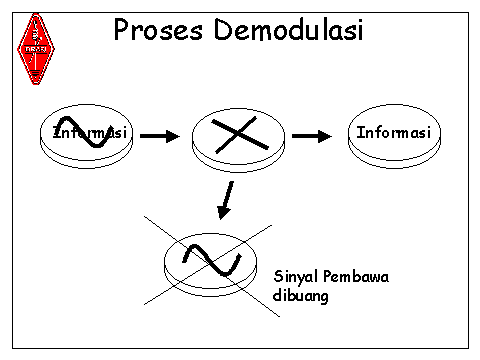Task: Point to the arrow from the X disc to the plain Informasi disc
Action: click(x=311, y=135)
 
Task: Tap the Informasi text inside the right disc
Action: click(x=393, y=132)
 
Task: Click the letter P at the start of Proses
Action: click(x=123, y=31)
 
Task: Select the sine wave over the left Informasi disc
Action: click(x=84, y=133)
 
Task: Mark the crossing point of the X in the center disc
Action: click(x=228, y=136)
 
